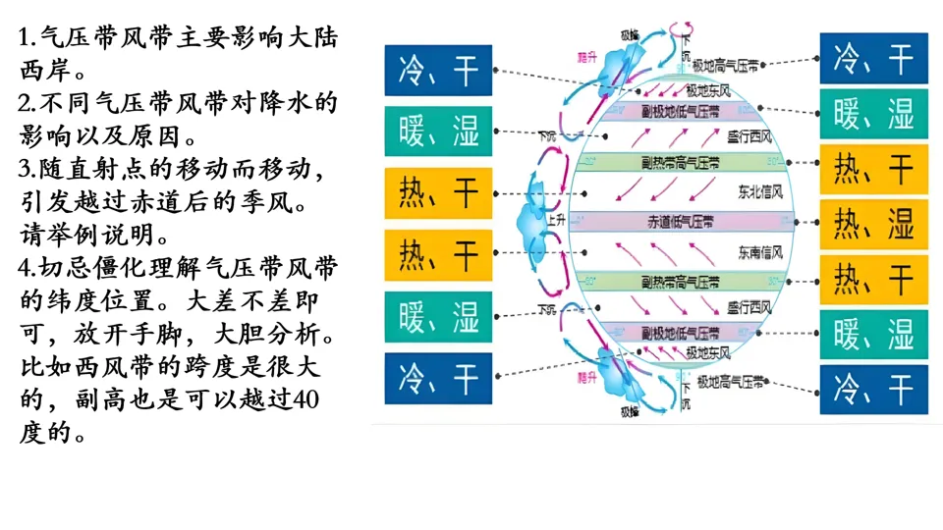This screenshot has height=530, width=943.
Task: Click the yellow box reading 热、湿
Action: (873, 225)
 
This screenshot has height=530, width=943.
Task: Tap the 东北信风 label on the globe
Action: (759, 190)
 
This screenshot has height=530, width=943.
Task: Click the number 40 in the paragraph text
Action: (306, 399)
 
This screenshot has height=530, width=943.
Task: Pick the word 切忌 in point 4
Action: (64, 267)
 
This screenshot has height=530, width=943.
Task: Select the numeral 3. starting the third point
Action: (28, 169)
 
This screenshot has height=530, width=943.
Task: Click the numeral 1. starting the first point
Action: (28, 40)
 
